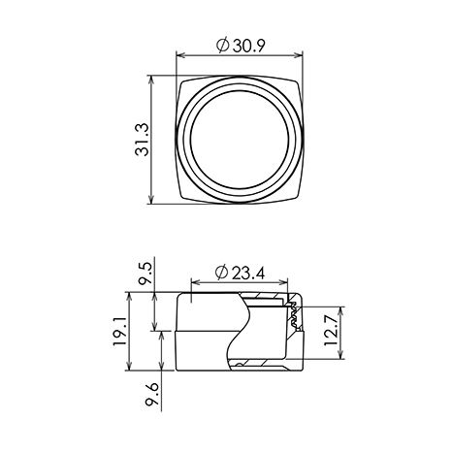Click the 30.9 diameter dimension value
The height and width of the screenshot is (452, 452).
coord(249,46)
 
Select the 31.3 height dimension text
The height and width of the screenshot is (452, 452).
coord(142,140)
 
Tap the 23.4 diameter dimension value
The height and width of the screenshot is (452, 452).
coord(248,274)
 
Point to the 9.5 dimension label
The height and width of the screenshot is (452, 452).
coord(145,274)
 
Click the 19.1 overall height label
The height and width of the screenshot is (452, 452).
coord(120,331)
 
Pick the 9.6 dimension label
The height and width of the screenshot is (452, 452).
coord(152,394)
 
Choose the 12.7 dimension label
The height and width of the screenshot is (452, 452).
coord(331,331)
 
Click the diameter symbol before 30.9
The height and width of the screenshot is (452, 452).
coord(223,46)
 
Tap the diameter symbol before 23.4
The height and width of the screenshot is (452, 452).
coord(222,274)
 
